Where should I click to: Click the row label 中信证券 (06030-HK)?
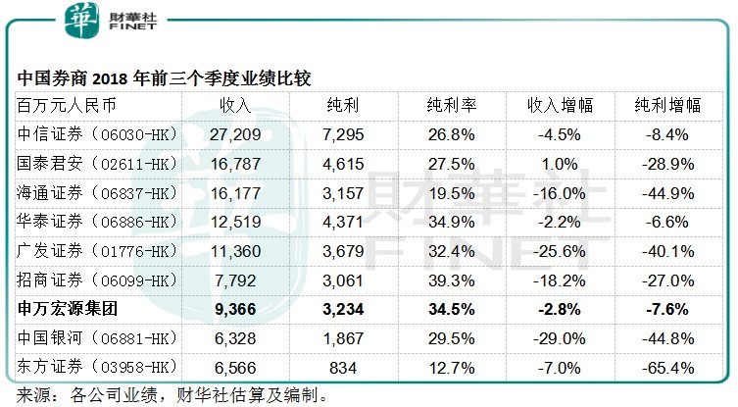click(x=98, y=133)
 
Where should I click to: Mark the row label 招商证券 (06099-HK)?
click(x=98, y=280)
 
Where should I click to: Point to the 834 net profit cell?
click(x=344, y=368)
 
